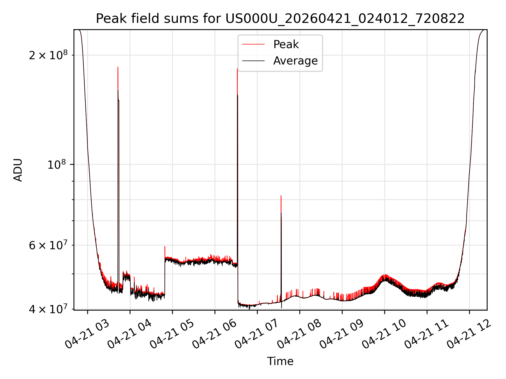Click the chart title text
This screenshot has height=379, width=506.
click(280, 19)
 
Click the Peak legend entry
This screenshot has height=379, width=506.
click(286, 44)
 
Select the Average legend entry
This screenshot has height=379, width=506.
click(295, 61)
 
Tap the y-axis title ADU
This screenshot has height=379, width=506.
click(18, 170)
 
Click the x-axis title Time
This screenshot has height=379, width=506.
click(280, 361)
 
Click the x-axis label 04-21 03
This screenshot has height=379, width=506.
click(87, 335)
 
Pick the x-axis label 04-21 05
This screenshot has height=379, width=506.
click(172, 335)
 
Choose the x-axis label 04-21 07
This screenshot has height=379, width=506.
click(257, 335)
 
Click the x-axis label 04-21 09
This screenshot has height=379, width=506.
click(342, 335)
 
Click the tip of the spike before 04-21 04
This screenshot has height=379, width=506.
click(118, 67)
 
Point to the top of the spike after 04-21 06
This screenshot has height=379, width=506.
click(237, 69)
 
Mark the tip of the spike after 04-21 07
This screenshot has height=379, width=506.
click(281, 196)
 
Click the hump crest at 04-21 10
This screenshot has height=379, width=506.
click(385, 275)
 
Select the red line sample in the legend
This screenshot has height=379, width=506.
click(253, 44)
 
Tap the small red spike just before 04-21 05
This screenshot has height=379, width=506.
click(165, 246)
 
